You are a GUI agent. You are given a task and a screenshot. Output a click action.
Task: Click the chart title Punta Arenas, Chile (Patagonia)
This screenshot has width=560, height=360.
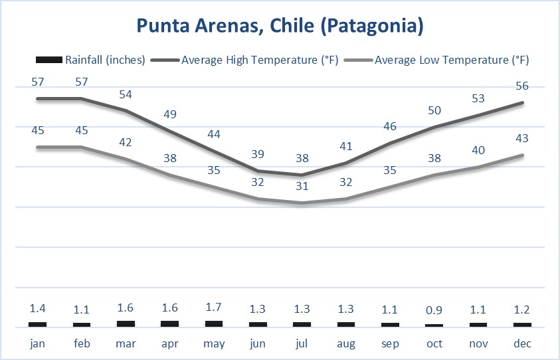click(x=280, y=26)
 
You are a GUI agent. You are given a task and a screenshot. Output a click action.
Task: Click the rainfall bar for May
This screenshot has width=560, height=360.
click(x=214, y=323)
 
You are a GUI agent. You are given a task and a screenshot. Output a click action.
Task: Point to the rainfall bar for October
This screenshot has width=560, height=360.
click(x=434, y=325)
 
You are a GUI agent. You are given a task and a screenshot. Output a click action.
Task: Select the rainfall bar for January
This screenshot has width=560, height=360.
click(x=37, y=324)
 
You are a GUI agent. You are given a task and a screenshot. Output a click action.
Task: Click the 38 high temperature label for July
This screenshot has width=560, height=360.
click(x=302, y=158)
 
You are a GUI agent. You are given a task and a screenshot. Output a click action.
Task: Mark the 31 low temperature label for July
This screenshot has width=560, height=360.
click(x=302, y=187)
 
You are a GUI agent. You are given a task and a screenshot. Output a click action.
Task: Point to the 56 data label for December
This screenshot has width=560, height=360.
click(x=523, y=86)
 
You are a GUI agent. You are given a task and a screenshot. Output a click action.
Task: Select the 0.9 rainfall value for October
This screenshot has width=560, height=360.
click(x=434, y=309)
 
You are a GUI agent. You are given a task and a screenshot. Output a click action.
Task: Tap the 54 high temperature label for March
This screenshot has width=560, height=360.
click(x=126, y=94)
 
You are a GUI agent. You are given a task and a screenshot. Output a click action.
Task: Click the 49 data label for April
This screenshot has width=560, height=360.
click(x=170, y=114)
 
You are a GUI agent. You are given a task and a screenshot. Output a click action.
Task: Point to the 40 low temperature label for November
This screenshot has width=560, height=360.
click(x=478, y=151)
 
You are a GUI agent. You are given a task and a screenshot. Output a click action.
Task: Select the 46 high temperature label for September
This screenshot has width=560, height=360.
click(x=391, y=126)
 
